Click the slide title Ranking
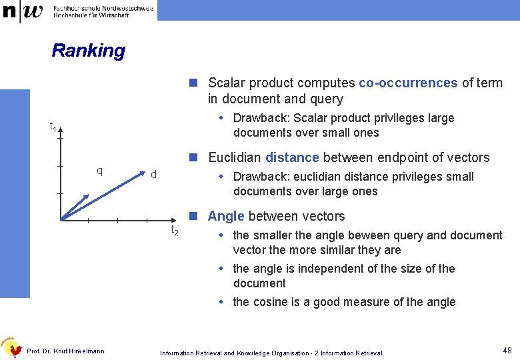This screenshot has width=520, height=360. pos(88,51)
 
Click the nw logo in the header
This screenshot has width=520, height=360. pos(24,11)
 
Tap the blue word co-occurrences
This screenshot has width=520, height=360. pos(408,83)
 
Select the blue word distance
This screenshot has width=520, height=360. pos(292,158)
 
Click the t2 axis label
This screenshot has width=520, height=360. pos(175,231)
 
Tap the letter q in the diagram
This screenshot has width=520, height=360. pos(99,171)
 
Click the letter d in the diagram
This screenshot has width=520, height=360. pos(153,175)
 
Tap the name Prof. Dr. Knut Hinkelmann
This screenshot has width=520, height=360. pos(65,351)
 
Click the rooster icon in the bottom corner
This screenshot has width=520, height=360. pos(10,347)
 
